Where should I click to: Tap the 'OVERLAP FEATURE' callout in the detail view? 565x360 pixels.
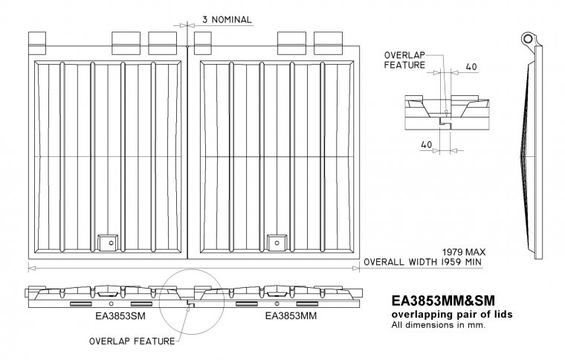[x=405, y=60]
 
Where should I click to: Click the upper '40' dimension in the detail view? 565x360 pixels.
[x=471, y=66]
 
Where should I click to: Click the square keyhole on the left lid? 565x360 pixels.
[x=109, y=242]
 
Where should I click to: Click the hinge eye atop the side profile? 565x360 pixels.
[x=529, y=38]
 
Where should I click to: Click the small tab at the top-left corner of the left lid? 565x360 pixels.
[x=36, y=40]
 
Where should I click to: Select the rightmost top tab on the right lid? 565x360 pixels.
[x=327, y=39]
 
